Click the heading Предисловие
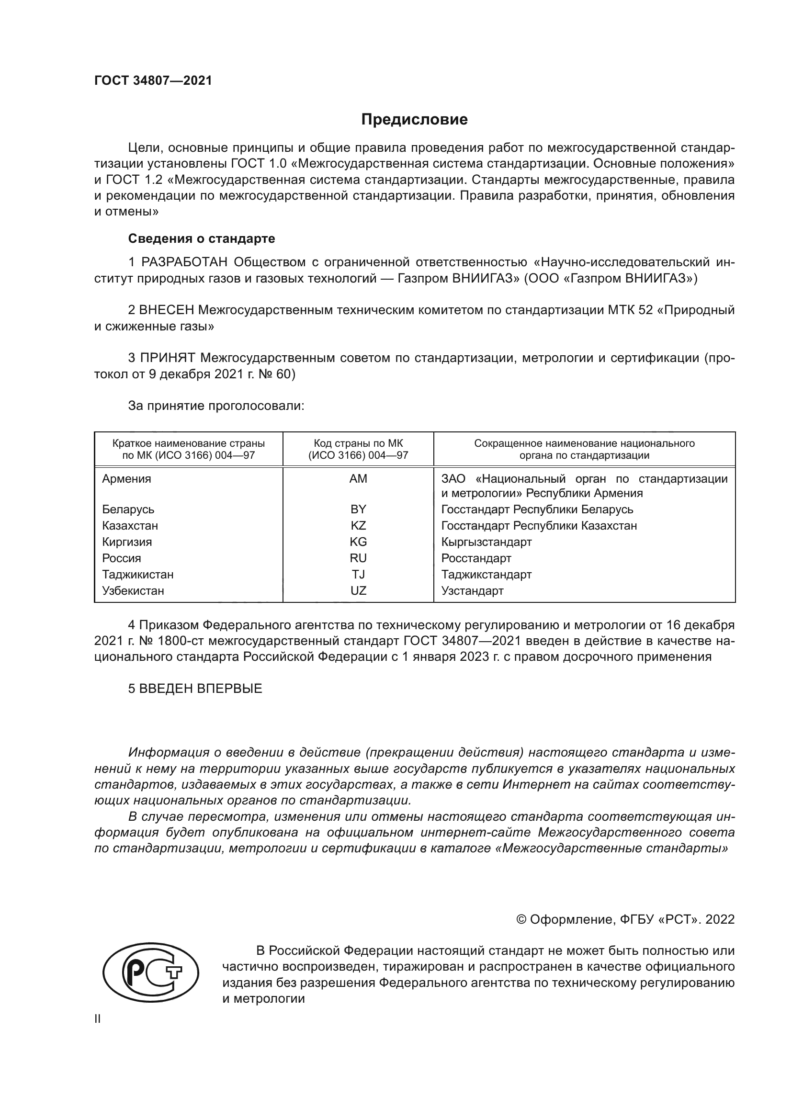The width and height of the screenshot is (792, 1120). coord(414,120)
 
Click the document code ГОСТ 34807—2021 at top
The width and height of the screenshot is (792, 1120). coord(153,81)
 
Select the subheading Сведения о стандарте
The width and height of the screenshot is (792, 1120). coord(202,238)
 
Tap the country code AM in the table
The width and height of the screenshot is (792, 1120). coord(358,479)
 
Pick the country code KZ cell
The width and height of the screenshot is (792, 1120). coord(358,526)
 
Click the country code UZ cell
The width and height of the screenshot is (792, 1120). coord(358,591)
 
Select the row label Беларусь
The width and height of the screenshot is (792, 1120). coord(128,510)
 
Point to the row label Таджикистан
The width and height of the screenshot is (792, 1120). coord(137,575)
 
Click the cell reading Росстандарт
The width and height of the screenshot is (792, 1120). coord(476,558)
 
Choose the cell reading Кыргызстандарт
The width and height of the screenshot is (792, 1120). coord(486,542)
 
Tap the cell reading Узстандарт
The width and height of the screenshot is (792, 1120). coord(472,591)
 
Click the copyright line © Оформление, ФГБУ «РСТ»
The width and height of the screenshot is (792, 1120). coord(625,919)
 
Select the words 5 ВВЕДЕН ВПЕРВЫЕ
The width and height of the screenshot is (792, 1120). coord(195,689)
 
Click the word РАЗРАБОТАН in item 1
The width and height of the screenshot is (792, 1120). coord(184,262)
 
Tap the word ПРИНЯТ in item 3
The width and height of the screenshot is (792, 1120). coord(167,358)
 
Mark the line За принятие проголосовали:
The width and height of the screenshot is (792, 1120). coord(216,406)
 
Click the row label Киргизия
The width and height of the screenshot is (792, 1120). coord(127,542)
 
